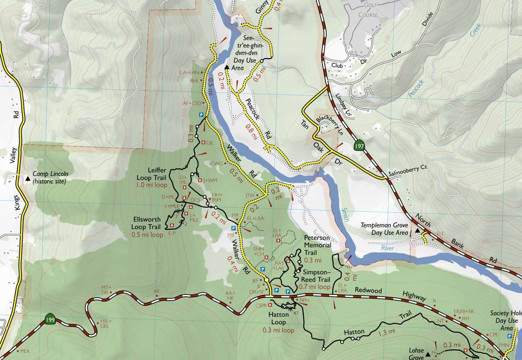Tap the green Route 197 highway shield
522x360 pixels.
click(359, 146)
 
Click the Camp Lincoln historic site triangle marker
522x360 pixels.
click(28, 178)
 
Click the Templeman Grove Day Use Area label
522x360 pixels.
click(384, 229)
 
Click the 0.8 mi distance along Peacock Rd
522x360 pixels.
click(252, 131)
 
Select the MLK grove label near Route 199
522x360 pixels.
click(25, 351)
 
